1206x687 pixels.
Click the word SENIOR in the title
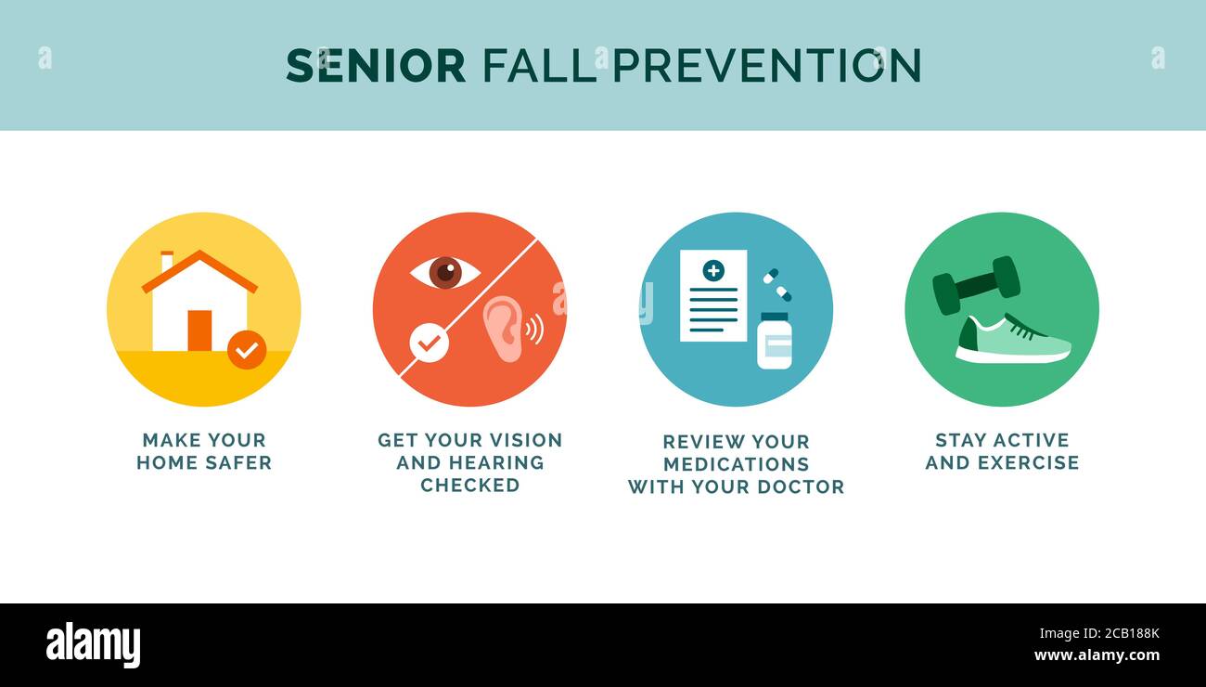376,65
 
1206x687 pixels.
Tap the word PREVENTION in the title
766,65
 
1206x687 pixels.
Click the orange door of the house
199,331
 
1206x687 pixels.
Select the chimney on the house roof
167,261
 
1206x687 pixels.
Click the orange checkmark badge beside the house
247,350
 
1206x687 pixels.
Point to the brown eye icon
445,273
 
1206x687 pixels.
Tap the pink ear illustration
503,329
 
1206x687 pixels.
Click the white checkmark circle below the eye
430,343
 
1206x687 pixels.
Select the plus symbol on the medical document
713,270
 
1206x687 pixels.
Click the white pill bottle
775,341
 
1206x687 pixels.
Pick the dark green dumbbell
976,285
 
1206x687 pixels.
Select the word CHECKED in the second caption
470,486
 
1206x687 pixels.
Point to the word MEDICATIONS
736,464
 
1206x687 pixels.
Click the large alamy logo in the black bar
93,644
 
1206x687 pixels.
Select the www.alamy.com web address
1097,655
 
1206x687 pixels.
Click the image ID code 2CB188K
1132,633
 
